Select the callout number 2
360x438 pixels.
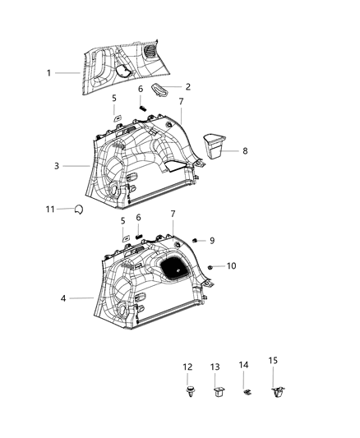tap(187, 86)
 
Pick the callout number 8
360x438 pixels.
tap(243, 150)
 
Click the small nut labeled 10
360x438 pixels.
tap(212, 267)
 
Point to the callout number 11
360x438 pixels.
tap(49, 210)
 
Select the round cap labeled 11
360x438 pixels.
tap(77, 210)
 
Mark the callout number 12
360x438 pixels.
tap(187, 367)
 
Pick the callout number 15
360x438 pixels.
tap(274, 359)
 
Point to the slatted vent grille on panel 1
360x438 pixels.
tap(152, 53)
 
